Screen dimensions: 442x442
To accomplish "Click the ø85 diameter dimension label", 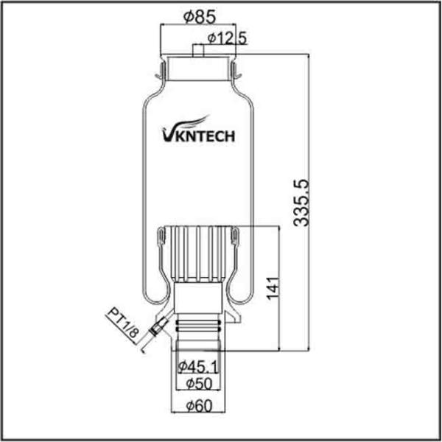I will pyautogui.click(x=194, y=15).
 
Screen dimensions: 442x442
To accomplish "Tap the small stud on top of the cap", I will pyautogui.click(x=197, y=51).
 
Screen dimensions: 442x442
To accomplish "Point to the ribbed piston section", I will pyautogui.click(x=197, y=254).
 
